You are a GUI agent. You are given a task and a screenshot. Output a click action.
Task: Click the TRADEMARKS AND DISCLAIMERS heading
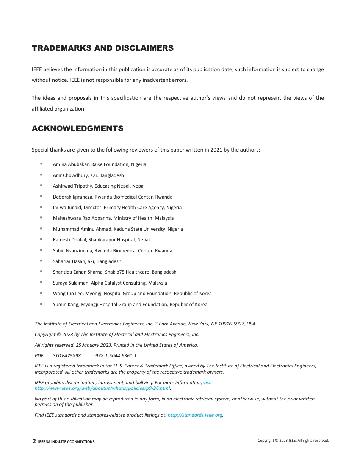103,48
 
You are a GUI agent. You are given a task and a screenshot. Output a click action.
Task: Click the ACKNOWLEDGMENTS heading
77,128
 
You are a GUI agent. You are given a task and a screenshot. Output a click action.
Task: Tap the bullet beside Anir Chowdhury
41,175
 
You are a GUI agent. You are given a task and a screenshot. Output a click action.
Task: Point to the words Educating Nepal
113,186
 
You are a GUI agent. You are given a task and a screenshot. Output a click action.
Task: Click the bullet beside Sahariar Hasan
41,261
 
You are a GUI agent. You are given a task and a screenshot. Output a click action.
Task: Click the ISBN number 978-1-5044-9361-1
116,356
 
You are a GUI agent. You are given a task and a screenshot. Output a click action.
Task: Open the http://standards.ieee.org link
195,415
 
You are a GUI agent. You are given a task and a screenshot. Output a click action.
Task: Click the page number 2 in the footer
34,441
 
